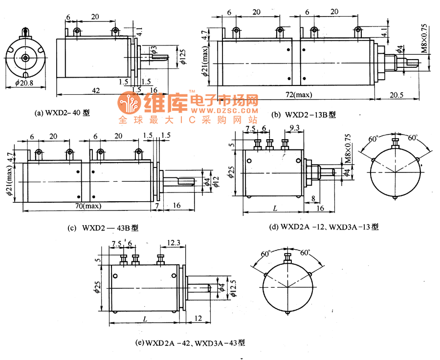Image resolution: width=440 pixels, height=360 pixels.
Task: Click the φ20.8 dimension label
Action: point(23,84)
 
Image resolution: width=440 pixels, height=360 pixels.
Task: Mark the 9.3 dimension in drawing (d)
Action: point(295,129)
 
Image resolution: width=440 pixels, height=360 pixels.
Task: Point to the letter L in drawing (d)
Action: point(275,208)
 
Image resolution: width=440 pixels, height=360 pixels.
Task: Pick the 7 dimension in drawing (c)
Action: point(157,206)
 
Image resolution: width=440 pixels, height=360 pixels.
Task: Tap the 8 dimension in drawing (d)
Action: point(313,199)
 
